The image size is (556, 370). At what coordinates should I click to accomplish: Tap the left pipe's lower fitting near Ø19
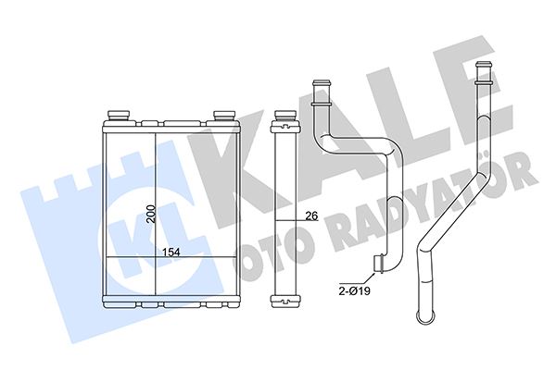(379, 268)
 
